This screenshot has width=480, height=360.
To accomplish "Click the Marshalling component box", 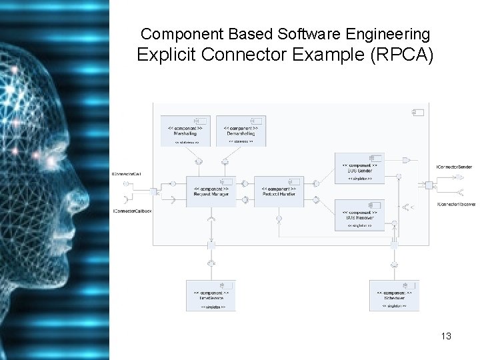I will [x=186, y=131].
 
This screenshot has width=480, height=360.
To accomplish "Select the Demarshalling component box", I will [x=240, y=131].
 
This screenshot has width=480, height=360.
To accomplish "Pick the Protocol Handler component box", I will [x=279, y=191].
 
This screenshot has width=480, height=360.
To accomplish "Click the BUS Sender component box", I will [x=359, y=169].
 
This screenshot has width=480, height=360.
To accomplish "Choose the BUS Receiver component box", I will [x=359, y=215].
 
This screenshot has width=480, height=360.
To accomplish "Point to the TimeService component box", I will [x=210, y=295].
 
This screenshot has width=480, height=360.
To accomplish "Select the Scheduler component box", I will [x=395, y=295].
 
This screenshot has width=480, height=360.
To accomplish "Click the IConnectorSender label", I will [x=454, y=166].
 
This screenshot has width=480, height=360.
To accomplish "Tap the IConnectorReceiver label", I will [x=456, y=204].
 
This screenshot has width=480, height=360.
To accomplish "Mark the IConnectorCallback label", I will [x=132, y=211].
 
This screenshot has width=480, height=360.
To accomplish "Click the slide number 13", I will [x=446, y=336].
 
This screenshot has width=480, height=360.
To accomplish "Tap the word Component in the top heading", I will [x=174, y=33].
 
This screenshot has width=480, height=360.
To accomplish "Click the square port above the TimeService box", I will [x=211, y=245].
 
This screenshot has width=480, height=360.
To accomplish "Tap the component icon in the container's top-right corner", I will [x=421, y=111].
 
